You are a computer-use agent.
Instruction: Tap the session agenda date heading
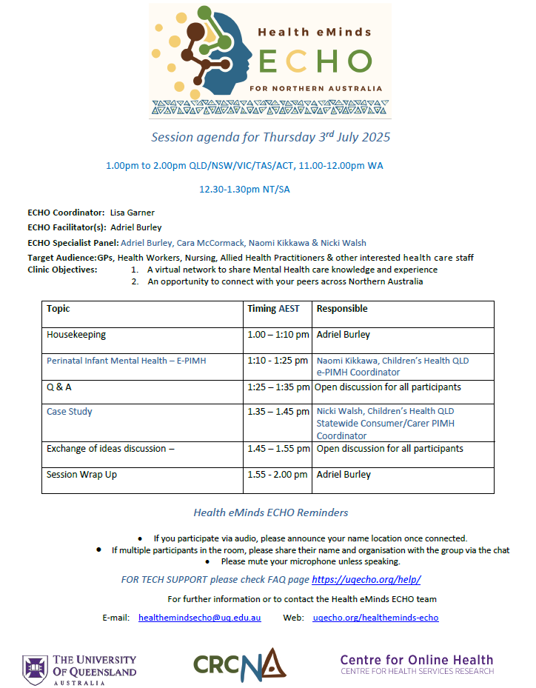(x=270, y=137)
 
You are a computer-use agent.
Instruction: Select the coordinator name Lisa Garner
(x=132, y=213)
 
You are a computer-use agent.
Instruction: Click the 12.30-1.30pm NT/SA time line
(x=244, y=189)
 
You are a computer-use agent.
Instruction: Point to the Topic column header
(x=58, y=309)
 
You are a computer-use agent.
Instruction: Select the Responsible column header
(x=342, y=309)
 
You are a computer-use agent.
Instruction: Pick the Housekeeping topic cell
(x=76, y=335)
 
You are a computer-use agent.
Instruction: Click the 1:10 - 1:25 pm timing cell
(x=278, y=361)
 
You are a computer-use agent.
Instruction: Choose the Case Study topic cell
(x=70, y=411)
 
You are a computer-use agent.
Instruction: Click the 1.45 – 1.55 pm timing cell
(x=278, y=449)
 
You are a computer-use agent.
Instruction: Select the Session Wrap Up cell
(x=81, y=475)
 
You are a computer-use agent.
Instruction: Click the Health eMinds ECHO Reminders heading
(x=270, y=512)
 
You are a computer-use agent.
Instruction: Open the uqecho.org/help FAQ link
(x=366, y=580)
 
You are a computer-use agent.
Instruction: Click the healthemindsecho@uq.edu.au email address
(x=199, y=618)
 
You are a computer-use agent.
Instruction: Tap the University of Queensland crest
(x=35, y=669)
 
